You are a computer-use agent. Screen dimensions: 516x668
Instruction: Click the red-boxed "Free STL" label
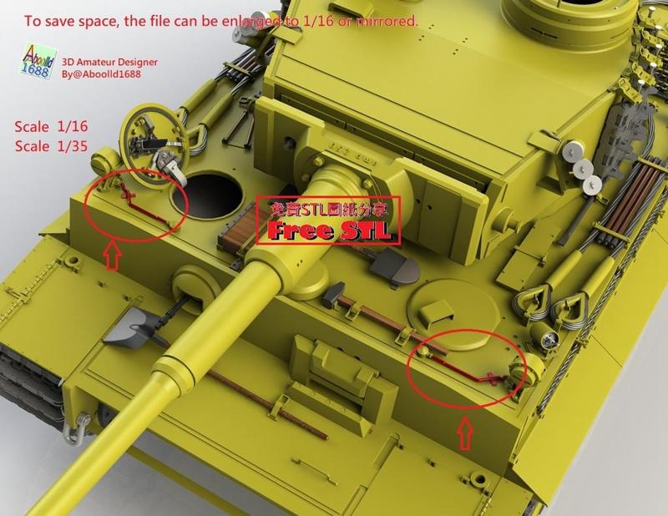pyautogui.click(x=327, y=222)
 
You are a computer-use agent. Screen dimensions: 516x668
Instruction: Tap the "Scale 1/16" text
pyautogui.click(x=51, y=127)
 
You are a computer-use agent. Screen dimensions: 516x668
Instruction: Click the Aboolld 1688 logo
pyautogui.click(x=33, y=62)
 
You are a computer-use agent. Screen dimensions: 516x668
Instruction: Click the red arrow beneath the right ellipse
pyautogui.click(x=465, y=433)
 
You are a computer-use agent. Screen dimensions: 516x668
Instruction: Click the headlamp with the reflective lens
pyautogui.click(x=548, y=338)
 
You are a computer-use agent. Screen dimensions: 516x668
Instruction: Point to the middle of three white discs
pyautogui.click(x=587, y=169)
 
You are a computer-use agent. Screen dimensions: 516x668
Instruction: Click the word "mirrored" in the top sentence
pyautogui.click(x=385, y=21)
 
